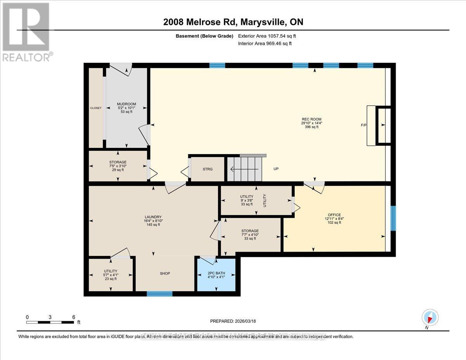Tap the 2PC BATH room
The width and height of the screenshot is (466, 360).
tap(216, 275)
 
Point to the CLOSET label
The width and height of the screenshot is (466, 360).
tap(96, 108)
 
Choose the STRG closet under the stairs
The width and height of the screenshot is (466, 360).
tap(207, 169)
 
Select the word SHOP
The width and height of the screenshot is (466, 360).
tap(165, 273)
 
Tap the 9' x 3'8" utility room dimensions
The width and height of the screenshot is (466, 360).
tap(246, 200)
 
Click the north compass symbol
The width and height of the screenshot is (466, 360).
tap(429, 317)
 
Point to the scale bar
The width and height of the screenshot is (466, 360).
tap(50, 322)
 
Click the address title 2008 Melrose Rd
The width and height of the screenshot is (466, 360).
tap(233, 22)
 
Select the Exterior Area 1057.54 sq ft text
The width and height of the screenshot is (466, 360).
tap(269, 36)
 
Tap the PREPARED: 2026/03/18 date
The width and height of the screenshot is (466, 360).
tap(233, 321)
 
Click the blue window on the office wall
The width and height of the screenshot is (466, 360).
tap(393, 218)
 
